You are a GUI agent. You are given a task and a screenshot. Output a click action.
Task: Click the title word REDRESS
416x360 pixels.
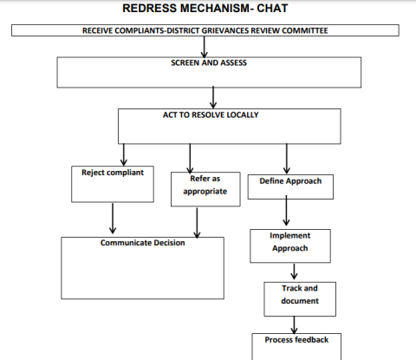click(149, 8)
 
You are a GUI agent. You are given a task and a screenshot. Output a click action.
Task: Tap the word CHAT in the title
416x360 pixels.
click(272, 8)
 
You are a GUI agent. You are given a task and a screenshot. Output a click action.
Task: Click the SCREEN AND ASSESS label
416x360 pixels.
click(209, 62)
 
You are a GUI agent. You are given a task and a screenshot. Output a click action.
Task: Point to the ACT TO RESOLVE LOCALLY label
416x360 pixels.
click(211, 115)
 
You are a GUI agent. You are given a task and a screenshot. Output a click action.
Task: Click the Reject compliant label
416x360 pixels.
click(113, 173)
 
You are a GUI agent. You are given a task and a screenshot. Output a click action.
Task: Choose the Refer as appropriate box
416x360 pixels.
click(205, 189)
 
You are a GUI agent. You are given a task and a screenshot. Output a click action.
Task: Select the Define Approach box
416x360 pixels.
click(290, 187)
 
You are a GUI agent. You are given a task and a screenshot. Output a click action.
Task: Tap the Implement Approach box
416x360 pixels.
click(290, 246)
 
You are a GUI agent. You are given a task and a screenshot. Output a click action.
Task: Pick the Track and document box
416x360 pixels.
click(300, 299)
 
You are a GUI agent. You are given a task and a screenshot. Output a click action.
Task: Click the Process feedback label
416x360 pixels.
click(296, 340)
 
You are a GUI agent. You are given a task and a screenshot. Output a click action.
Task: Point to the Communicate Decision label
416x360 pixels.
click(143, 243)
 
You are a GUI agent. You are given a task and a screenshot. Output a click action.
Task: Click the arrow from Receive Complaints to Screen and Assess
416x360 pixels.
click(205, 47)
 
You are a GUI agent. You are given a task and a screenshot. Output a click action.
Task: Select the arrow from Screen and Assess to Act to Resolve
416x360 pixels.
click(213, 97)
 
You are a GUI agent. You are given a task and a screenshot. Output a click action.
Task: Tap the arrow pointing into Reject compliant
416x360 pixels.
click(124, 154)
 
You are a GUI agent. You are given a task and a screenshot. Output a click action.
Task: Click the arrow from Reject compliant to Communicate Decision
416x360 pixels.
click(113, 219)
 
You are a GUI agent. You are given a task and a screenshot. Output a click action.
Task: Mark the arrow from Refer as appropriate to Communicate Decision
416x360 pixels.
click(197, 223)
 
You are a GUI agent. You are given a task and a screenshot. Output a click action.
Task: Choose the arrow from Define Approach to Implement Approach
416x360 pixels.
click(286, 211)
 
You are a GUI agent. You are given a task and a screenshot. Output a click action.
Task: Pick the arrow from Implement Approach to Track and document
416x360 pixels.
click(294, 272)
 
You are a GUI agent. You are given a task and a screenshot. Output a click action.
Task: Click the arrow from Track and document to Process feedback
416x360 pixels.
click(294, 325)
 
